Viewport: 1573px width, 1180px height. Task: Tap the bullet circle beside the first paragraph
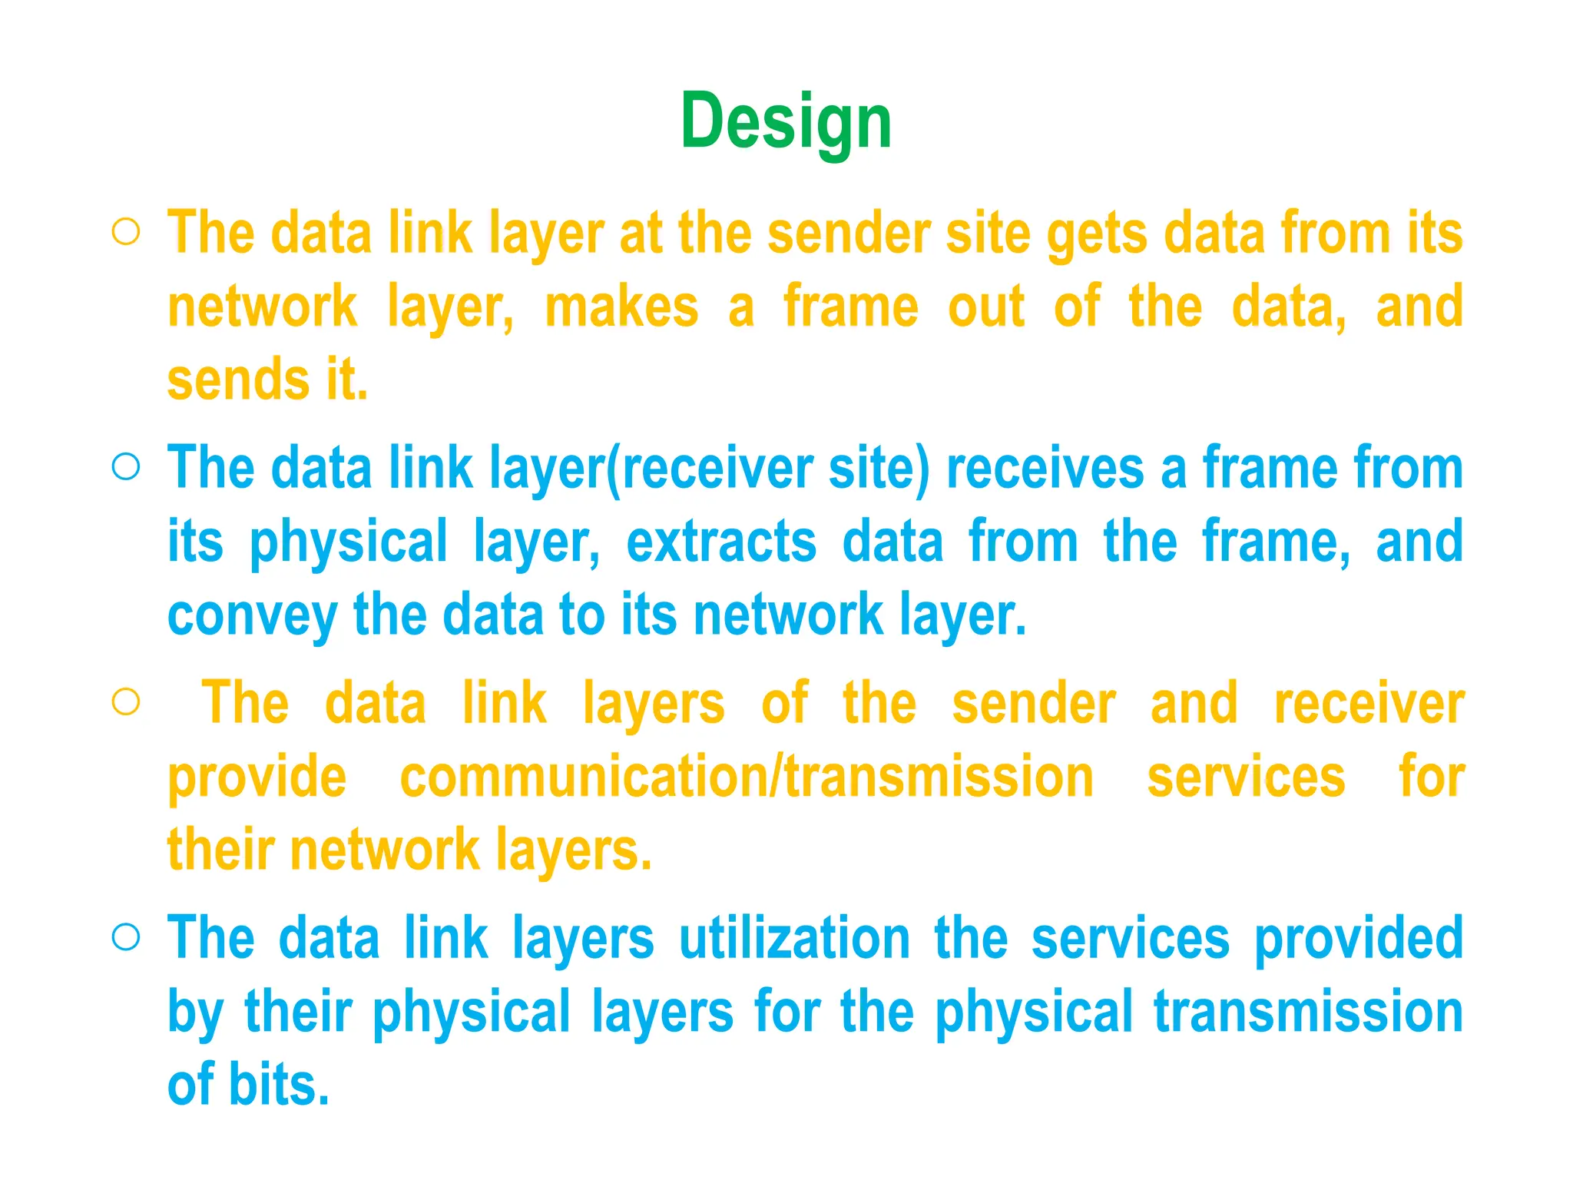point(126,232)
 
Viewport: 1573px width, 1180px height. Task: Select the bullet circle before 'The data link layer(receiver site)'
point(126,466)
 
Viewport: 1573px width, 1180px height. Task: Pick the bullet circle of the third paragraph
point(126,701)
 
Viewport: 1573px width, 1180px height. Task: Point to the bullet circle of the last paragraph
point(126,936)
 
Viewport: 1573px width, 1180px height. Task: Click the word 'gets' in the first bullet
point(1097,234)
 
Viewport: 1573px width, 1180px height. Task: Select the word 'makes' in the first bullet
point(621,307)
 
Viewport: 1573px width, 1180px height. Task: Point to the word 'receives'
point(1045,468)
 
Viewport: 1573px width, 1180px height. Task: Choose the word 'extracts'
point(721,542)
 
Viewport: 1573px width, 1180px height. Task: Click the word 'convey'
point(252,616)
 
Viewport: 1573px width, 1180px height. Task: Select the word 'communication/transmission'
point(747,777)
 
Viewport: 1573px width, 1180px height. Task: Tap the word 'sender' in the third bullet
point(1034,704)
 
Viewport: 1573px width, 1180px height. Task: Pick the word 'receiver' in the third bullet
point(1369,704)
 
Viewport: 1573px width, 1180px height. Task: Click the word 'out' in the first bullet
point(986,307)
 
